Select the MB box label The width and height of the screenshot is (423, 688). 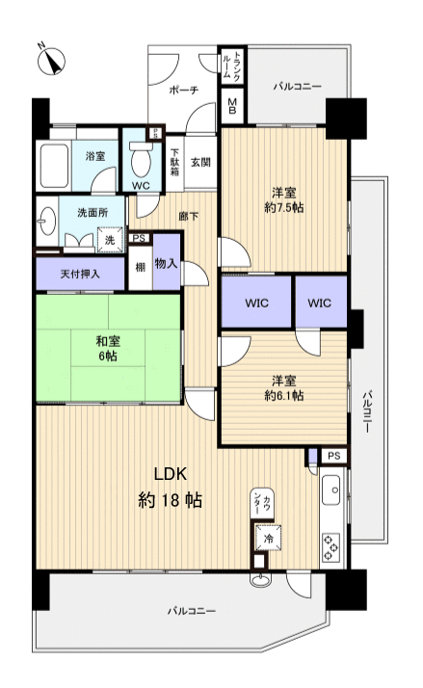click(233, 104)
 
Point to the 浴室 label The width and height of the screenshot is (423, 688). click(95, 155)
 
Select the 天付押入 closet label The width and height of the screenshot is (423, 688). click(80, 273)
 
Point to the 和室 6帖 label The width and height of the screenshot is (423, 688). click(107, 346)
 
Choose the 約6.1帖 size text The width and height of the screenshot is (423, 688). click(283, 385)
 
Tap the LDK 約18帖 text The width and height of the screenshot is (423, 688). click(171, 488)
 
